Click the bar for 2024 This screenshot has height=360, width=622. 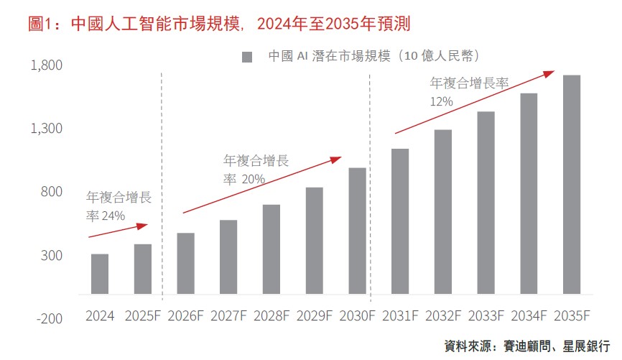point(100,274)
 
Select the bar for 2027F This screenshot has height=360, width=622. point(228,257)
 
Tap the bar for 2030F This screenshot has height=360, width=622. point(357,231)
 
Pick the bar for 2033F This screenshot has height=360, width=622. point(486,203)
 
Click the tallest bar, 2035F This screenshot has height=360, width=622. point(572,184)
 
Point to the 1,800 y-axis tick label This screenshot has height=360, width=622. point(47,66)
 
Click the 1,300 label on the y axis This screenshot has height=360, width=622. point(47,129)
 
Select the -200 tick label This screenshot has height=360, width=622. point(50,318)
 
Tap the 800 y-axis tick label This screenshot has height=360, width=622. point(52,193)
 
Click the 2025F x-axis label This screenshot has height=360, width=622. point(143,316)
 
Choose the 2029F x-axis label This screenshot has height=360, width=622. point(314,316)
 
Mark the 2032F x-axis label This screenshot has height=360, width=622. point(443,316)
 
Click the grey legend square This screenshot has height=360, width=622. point(247,57)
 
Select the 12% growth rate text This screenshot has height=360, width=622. point(441,102)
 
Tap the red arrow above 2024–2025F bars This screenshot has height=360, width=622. point(118,231)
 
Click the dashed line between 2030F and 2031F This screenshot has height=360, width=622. point(370,187)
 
